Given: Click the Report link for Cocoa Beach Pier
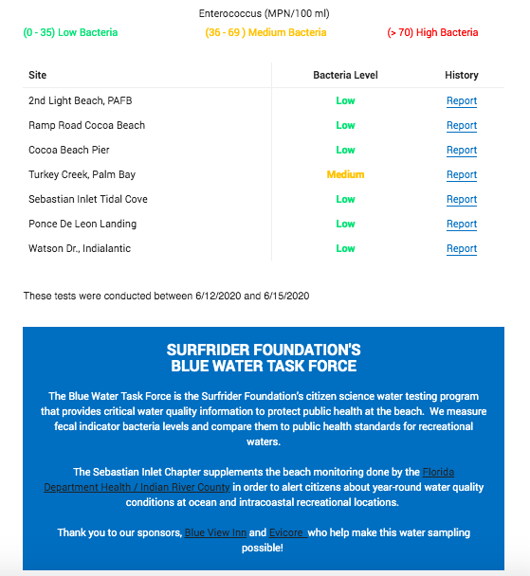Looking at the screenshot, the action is [x=462, y=150].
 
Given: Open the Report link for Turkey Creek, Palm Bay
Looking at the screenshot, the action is [x=462, y=174].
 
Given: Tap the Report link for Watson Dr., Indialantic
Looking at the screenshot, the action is [x=462, y=248].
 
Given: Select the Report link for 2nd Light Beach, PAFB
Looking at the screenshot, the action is [x=462, y=100].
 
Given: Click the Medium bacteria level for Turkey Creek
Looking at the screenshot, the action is [x=345, y=174].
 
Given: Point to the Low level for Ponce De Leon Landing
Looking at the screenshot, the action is [x=345, y=224].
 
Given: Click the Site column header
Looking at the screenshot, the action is [x=38, y=75].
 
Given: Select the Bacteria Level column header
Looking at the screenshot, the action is [x=345, y=75].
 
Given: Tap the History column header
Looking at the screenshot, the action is [x=462, y=75].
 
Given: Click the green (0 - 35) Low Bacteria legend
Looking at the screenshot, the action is [x=71, y=32].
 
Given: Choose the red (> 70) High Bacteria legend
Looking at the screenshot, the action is [x=432, y=32].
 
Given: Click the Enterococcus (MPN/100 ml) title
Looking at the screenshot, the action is [x=265, y=14].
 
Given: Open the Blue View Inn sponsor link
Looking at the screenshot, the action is [x=215, y=532].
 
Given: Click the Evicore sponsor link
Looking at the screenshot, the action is [x=286, y=532].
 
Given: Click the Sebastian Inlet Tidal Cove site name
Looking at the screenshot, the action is [x=88, y=199].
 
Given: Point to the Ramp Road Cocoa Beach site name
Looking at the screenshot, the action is [x=87, y=125].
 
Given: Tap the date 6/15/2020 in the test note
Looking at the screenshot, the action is [x=284, y=296].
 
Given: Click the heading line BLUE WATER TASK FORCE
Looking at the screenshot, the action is [x=264, y=366].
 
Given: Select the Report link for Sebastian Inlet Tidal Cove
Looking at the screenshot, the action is [x=462, y=199].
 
